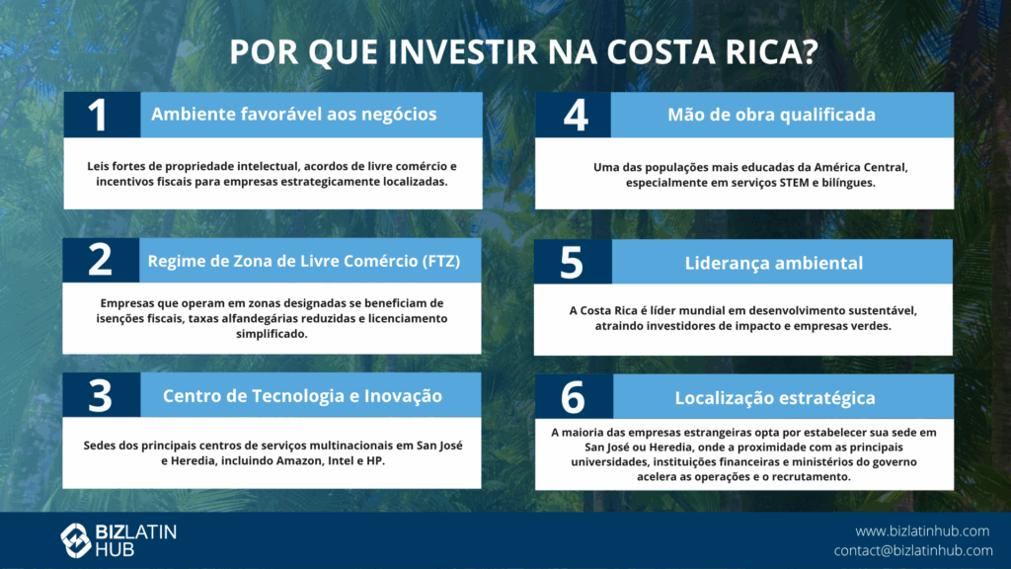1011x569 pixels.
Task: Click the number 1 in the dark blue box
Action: [x=98, y=116]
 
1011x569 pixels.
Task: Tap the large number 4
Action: [x=576, y=116]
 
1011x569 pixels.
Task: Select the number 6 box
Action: [x=574, y=397]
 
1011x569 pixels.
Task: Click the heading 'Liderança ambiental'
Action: [x=774, y=263]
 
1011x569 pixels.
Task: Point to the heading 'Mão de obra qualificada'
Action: [x=771, y=115]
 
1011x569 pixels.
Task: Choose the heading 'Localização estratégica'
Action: [x=775, y=398]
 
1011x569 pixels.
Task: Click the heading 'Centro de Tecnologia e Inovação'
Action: [x=302, y=395]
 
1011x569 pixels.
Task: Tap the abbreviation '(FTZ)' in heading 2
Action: [x=441, y=261]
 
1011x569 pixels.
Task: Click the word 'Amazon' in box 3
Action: [x=298, y=460]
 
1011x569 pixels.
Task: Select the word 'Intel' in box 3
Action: [x=341, y=460]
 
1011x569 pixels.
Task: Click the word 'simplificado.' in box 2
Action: [x=272, y=334]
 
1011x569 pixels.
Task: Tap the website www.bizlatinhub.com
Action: [x=922, y=530]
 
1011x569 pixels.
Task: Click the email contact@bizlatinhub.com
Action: [x=913, y=550]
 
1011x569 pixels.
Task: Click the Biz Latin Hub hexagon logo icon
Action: [x=75, y=540]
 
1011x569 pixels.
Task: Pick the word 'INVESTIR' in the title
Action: [x=463, y=51]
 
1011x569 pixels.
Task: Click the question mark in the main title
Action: [x=810, y=51]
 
